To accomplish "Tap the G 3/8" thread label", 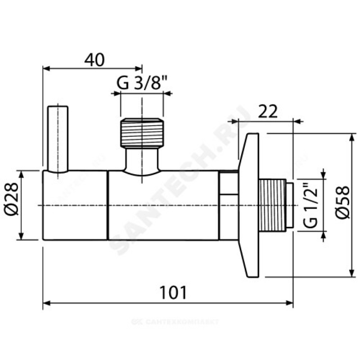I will [142, 83].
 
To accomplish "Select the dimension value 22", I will [269, 110].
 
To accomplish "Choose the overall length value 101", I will [173, 293].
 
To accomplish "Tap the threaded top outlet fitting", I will [142, 132].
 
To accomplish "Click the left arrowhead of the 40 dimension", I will [45, 69].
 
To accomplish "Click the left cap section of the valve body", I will [75, 205].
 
